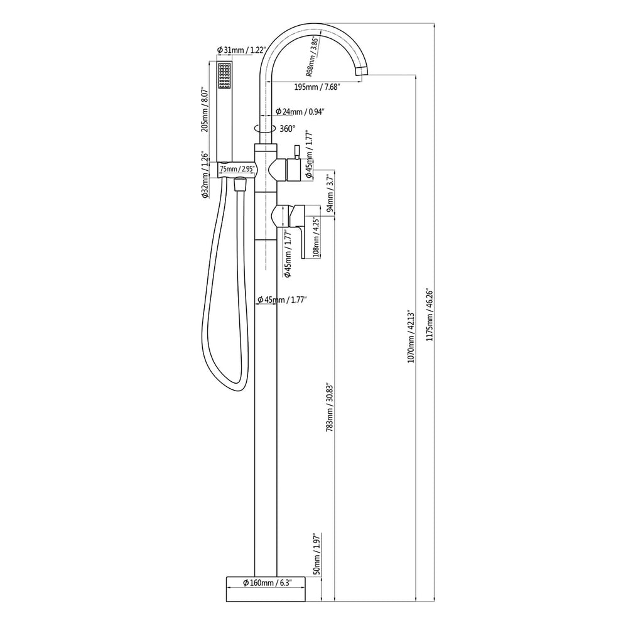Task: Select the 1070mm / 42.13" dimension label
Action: point(411,336)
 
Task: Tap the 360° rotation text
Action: point(287,128)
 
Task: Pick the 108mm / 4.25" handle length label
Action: point(317,238)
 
